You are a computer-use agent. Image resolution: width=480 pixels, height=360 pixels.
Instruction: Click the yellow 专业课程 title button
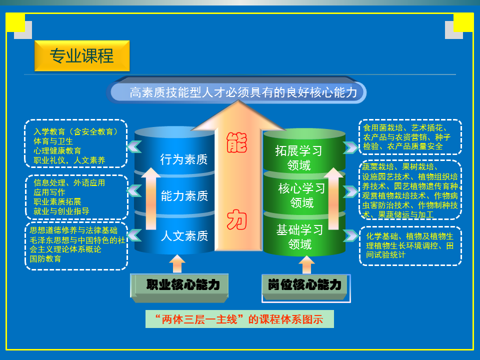[82, 55]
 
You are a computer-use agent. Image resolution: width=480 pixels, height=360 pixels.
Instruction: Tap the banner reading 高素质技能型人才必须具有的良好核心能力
[236, 92]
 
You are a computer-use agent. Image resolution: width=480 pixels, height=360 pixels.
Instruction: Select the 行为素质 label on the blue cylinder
[183, 159]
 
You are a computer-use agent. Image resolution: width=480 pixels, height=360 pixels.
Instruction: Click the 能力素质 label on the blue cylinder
[184, 196]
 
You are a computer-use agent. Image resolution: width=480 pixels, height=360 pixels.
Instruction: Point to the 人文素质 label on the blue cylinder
[184, 235]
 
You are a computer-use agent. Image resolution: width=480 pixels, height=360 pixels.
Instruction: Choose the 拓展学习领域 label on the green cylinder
[299, 158]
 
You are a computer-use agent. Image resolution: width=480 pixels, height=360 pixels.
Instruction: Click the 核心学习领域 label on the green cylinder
[302, 195]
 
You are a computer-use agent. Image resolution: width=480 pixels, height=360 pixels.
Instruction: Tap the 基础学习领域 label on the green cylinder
[299, 237]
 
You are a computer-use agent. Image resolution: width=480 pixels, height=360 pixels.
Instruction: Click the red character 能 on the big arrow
[236, 142]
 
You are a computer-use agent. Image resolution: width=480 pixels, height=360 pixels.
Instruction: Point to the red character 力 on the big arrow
[236, 219]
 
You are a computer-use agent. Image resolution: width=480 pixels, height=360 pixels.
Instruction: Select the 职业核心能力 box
[179, 288]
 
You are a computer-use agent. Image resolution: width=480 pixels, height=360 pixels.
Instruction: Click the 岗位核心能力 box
[306, 288]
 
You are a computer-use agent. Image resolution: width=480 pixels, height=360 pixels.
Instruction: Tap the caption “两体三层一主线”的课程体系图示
[239, 319]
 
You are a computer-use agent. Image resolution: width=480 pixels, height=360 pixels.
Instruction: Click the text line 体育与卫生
[53, 141]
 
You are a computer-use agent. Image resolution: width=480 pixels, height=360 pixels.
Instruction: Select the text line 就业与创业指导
[61, 211]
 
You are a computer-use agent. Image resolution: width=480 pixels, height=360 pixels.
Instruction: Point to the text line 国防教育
[45, 258]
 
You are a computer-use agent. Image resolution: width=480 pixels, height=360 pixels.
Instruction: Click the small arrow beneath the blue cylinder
[177, 263]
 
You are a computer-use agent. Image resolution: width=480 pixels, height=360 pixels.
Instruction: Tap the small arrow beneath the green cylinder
[306, 265]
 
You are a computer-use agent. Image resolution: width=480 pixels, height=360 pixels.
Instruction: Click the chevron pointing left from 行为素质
[134, 146]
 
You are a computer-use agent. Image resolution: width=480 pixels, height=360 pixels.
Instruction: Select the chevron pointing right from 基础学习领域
[351, 235]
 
